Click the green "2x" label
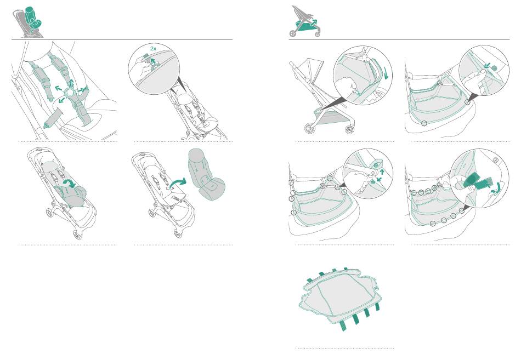tap(153, 48)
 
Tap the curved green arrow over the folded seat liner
tap(70, 182)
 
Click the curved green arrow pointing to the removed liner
tap(178, 183)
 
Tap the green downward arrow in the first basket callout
tap(386, 74)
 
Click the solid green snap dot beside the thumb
tap(494, 68)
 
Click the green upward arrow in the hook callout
tap(382, 171)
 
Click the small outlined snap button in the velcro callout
tap(496, 160)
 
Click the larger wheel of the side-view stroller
tap(310, 128)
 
